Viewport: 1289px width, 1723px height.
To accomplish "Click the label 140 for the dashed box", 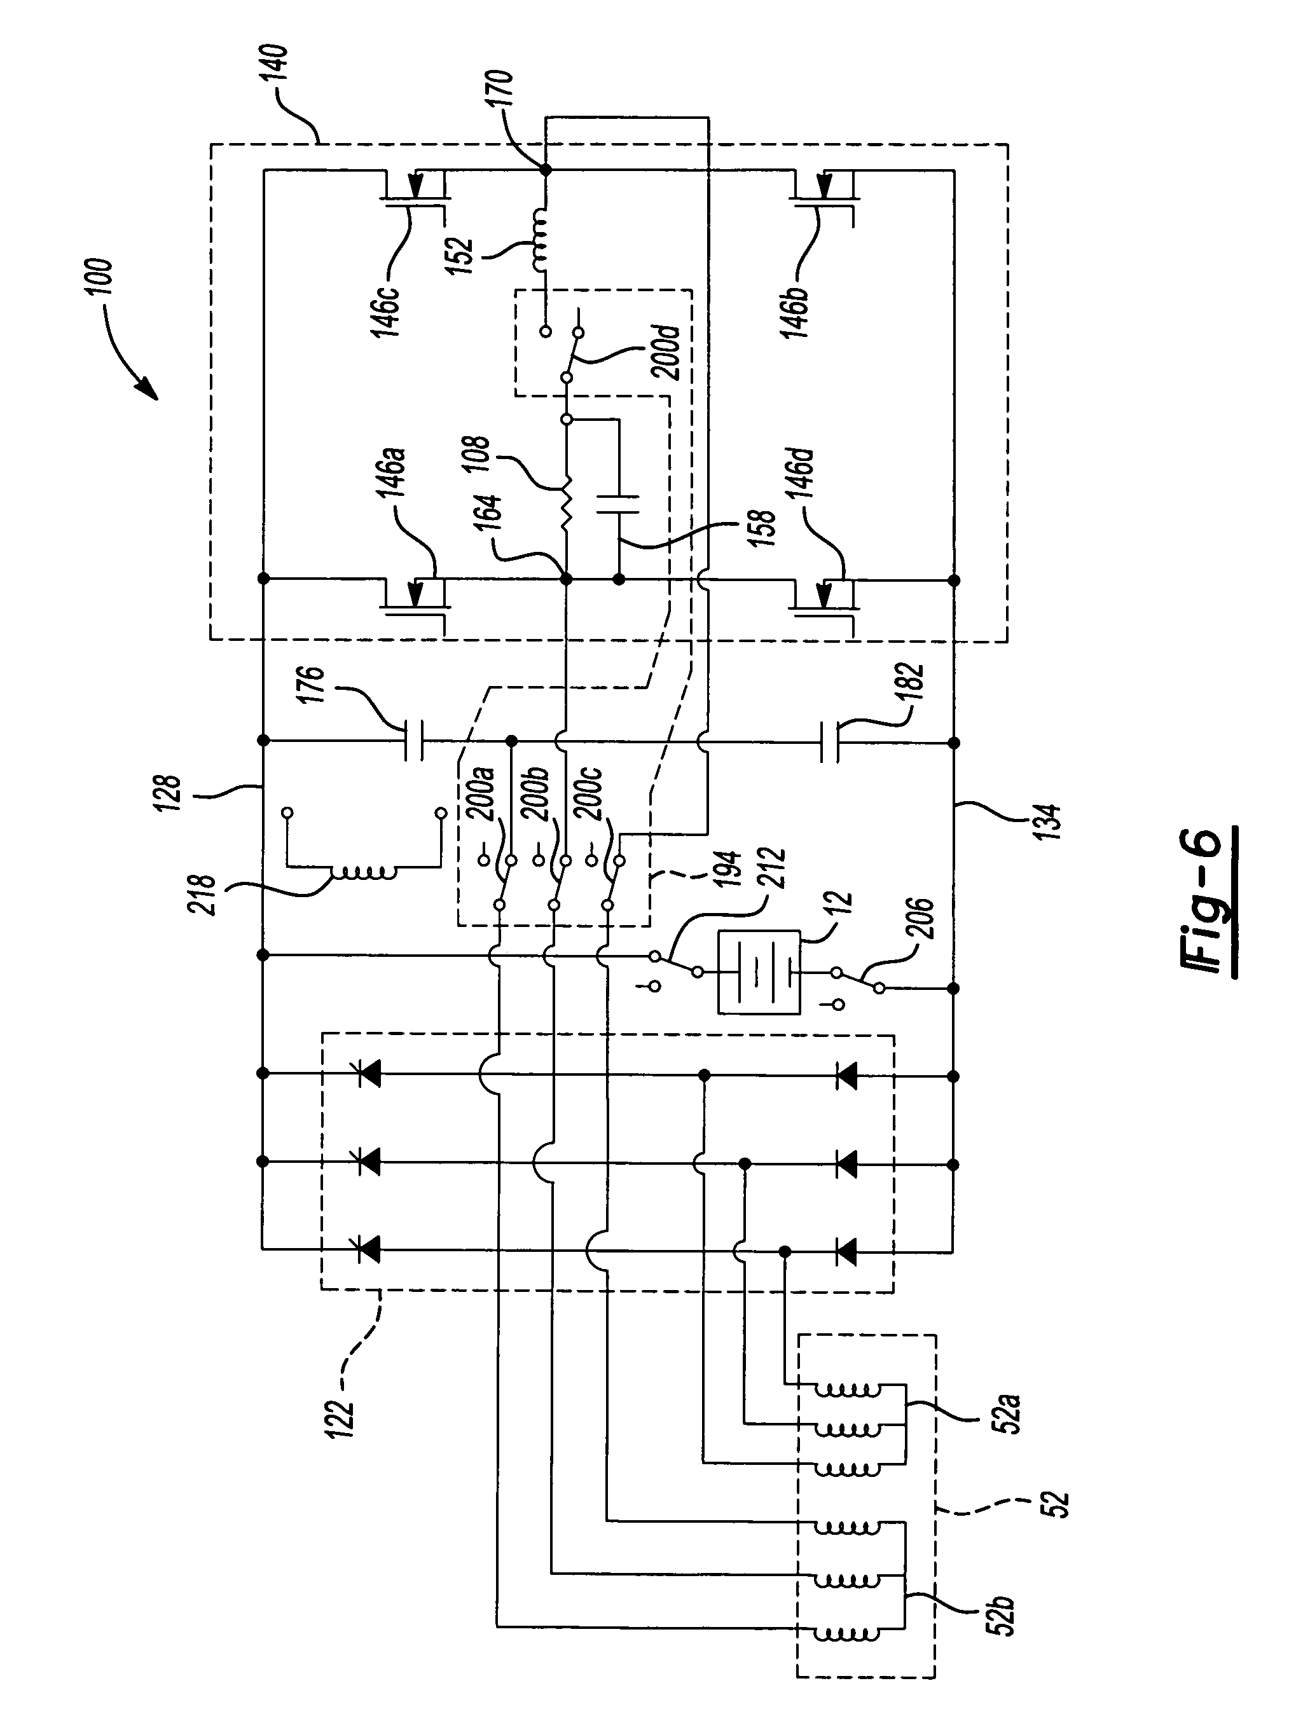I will pos(277,63).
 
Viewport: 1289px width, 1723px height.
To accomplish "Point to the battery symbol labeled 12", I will pos(758,972).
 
